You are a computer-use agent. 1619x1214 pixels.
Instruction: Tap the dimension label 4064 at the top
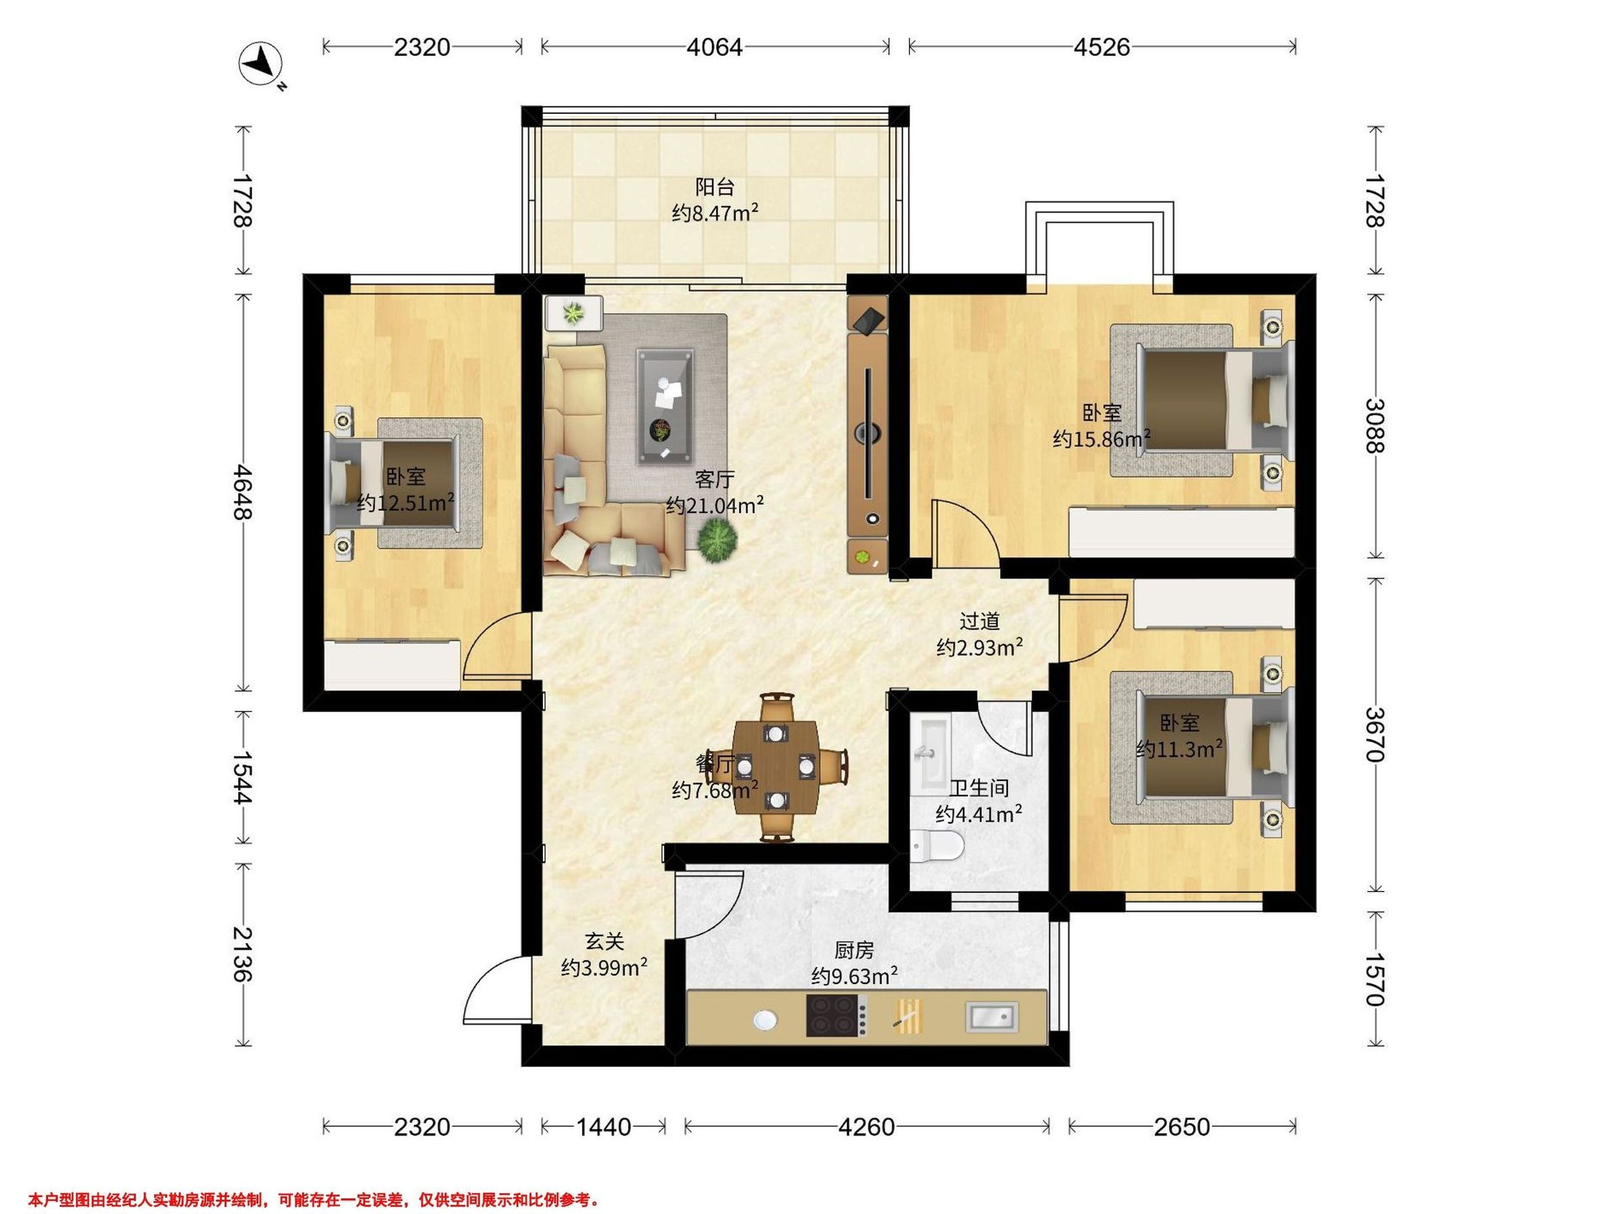pos(714,48)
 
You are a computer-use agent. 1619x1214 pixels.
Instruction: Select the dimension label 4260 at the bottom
pos(867,1127)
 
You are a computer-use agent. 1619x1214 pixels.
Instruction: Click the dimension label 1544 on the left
pos(242,777)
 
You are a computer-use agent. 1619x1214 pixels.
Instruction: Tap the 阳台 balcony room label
pos(714,187)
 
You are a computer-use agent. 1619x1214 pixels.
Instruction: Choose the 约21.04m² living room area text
pos(715,505)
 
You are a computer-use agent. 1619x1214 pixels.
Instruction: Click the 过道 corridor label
pos(979,621)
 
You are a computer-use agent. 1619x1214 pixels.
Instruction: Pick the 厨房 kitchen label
pos(854,950)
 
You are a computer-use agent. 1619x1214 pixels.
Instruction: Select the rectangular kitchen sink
pos(992,1016)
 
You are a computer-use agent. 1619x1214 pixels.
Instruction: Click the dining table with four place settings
pos(776,768)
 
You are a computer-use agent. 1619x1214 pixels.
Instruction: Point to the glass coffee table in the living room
pos(665,406)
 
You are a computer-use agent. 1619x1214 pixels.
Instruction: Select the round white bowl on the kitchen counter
pos(765,1019)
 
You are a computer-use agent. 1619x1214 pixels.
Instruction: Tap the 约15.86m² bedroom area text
pos(1102,439)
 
